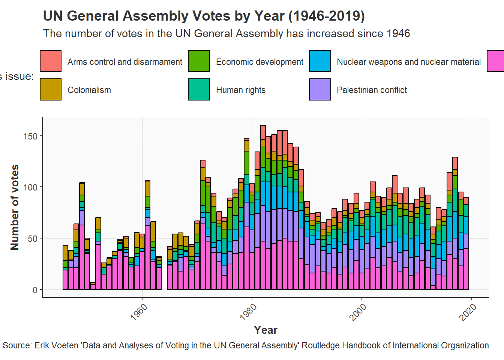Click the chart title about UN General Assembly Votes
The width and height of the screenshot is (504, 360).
tap(204, 16)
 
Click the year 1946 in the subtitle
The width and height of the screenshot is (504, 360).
tap(398, 33)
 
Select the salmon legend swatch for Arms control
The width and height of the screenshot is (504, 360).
tap(51, 61)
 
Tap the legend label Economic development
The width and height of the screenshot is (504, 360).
tap(259, 62)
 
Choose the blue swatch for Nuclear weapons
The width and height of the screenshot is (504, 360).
tap(320, 61)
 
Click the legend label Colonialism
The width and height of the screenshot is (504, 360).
tap(89, 90)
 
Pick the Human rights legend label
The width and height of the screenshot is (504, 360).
tap(241, 90)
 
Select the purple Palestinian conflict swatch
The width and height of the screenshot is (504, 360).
tap(320, 89)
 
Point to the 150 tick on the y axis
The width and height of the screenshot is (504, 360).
tap(30, 136)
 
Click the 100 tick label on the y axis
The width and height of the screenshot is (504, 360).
tap(30, 187)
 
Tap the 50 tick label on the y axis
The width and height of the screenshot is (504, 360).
tap(33, 238)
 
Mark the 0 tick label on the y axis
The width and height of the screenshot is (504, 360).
tap(35, 290)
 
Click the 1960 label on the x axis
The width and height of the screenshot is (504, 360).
tap(139, 312)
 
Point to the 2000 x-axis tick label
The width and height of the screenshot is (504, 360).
tap(358, 312)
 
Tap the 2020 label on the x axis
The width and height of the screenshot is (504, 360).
tap(468, 312)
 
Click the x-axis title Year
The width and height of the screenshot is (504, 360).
tap(266, 330)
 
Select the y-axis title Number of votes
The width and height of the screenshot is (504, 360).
tap(15, 207)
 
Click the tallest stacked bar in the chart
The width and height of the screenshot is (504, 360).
tap(263, 207)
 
